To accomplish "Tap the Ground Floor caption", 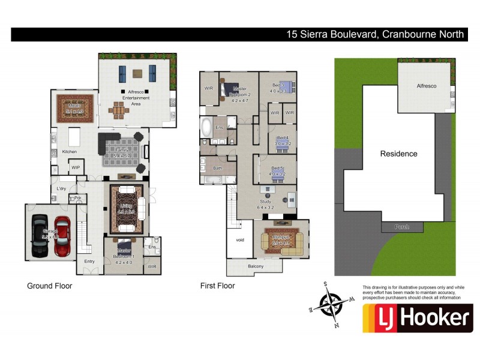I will [50, 286].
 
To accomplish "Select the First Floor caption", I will [217, 286].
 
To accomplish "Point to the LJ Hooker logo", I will [418, 318].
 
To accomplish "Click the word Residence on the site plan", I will [398, 154].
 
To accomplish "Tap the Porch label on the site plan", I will [402, 227].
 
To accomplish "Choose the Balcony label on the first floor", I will [256, 266].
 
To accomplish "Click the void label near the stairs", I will [240, 239].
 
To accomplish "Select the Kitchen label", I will [70, 152].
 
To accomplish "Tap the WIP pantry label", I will [76, 167].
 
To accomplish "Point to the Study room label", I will [266, 202].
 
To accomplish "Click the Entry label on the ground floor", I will [89, 261].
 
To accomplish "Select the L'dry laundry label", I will [61, 189].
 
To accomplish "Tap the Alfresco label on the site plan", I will [427, 86].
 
